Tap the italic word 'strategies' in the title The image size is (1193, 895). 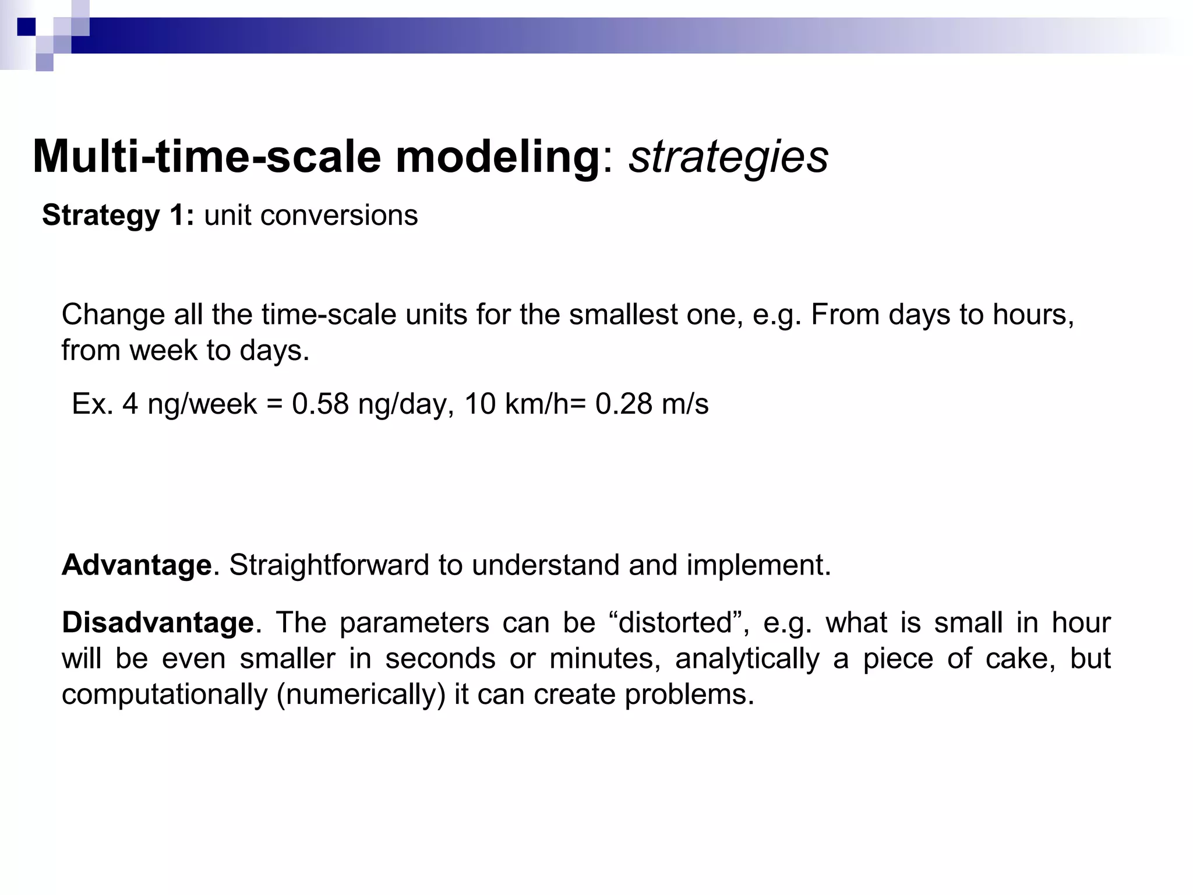[728, 158]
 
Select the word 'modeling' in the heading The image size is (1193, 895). [497, 158]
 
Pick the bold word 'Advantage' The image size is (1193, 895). [137, 565]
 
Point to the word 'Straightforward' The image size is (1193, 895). [329, 565]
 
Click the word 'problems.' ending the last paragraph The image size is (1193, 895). [690, 695]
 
